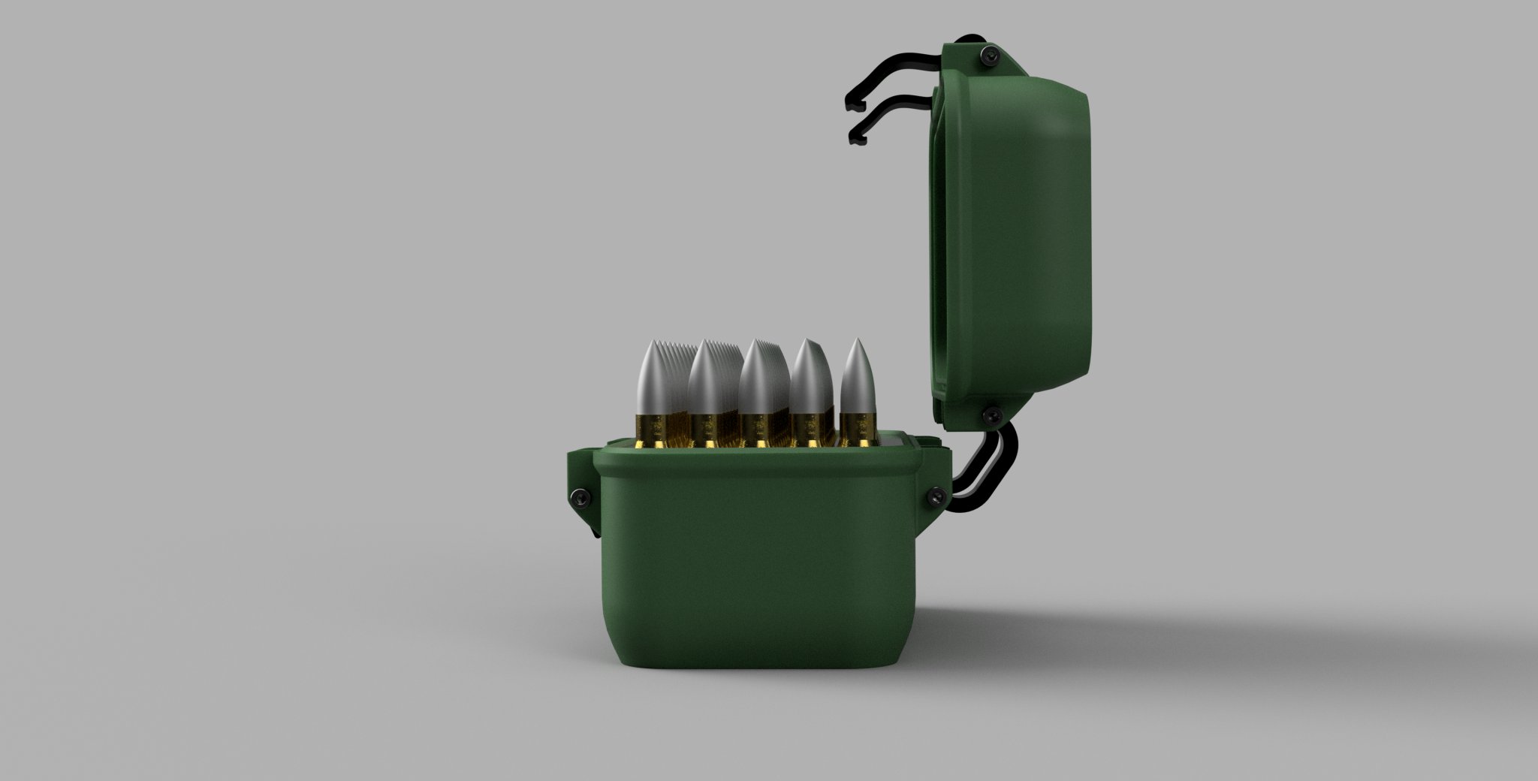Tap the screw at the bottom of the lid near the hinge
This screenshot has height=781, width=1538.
[x=994, y=415]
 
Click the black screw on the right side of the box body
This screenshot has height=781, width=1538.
[x=936, y=495]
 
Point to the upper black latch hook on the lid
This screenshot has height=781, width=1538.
[x=886, y=79]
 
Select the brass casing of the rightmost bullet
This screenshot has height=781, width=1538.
[x=857, y=430]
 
